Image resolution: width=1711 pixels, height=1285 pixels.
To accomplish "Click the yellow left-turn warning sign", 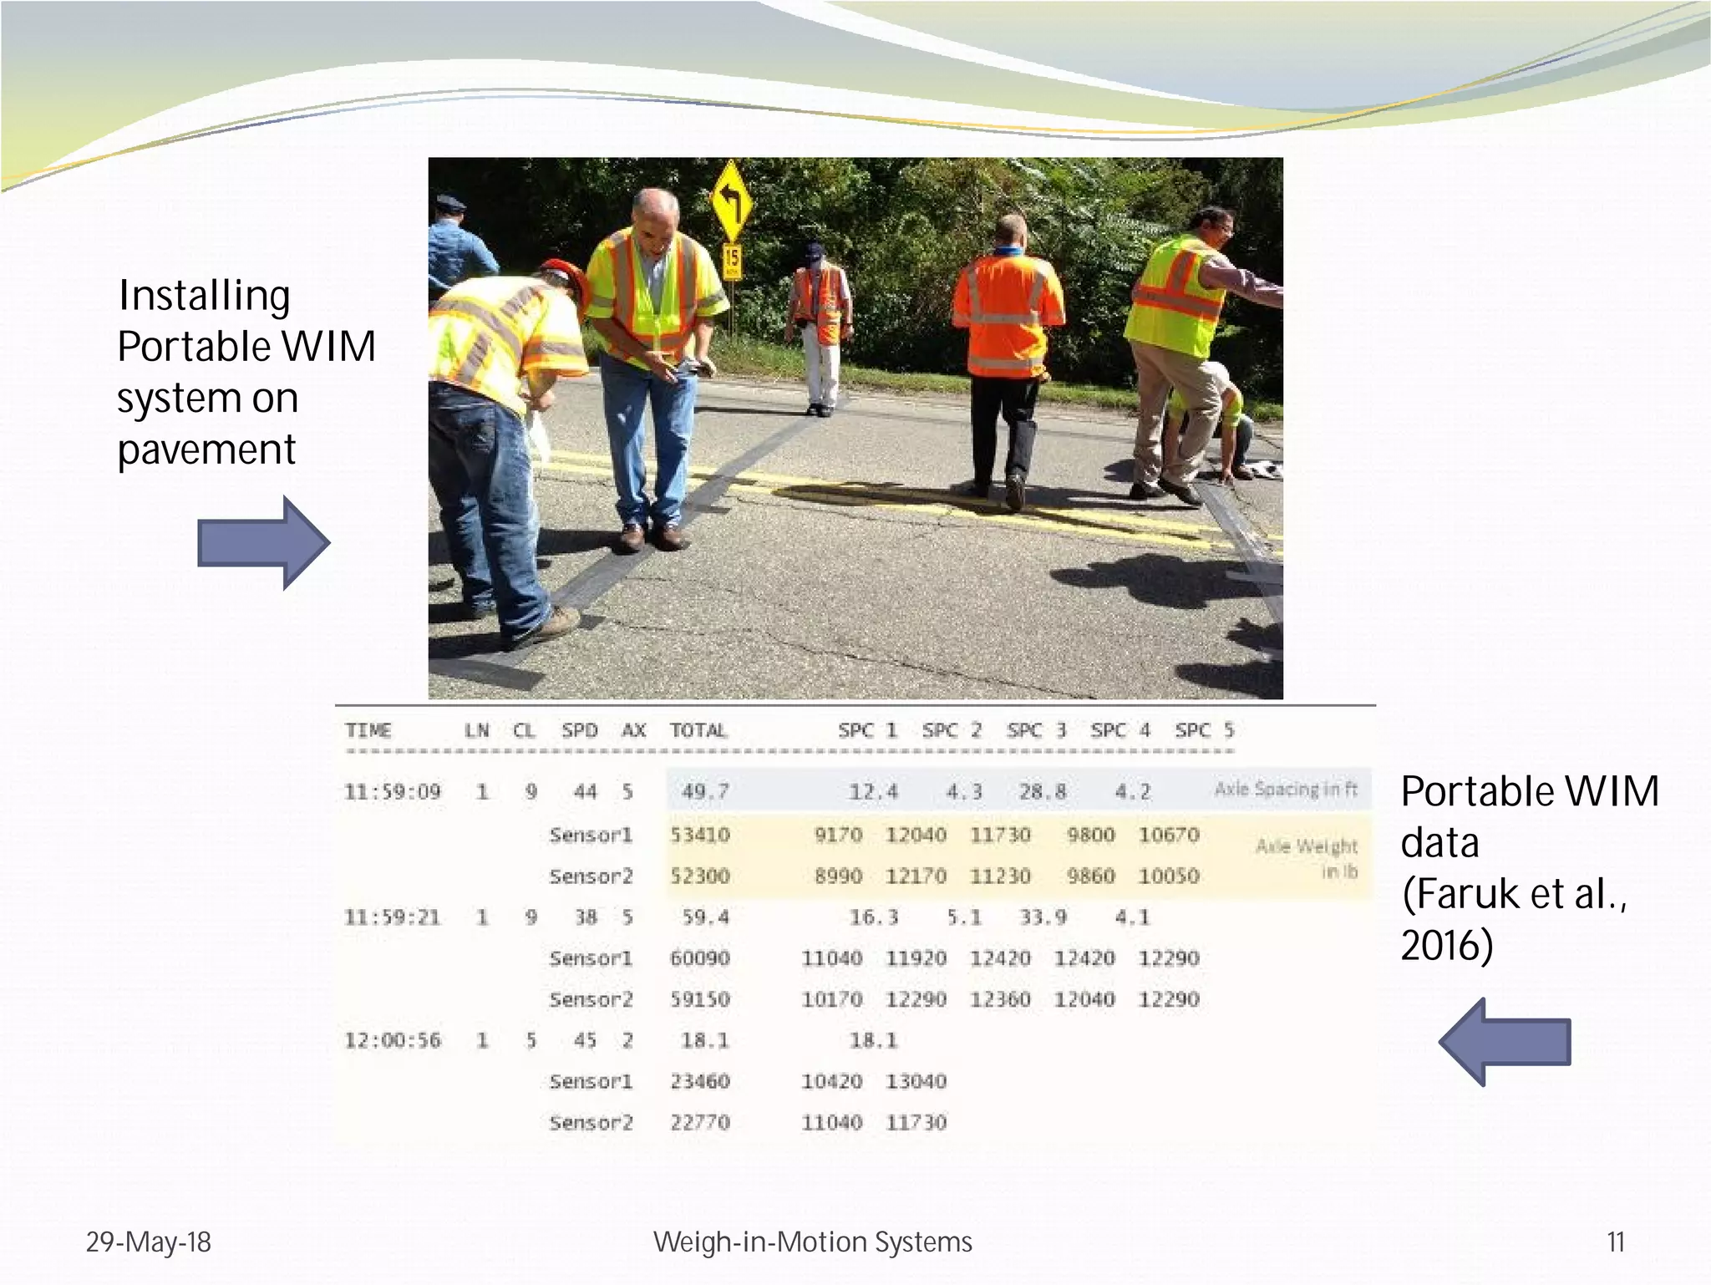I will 731,201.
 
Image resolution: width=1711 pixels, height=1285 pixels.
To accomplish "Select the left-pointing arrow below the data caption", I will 1505,1042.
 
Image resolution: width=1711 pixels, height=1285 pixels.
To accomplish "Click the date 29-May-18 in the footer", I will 149,1242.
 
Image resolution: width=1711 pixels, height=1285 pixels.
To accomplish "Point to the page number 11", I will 1616,1242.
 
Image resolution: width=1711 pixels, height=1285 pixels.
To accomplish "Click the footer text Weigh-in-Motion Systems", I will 812,1242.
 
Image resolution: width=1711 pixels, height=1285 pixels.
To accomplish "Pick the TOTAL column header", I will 698,731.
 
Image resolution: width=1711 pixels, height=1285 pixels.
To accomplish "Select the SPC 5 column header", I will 1204,731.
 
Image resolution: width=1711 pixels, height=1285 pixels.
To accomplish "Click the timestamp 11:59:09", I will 392,792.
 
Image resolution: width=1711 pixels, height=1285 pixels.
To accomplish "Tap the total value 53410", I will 700,835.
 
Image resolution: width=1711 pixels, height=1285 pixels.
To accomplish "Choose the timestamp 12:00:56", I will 393,1041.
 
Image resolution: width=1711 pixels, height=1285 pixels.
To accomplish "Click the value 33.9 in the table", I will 1043,917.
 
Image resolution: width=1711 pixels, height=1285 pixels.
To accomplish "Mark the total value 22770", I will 700,1123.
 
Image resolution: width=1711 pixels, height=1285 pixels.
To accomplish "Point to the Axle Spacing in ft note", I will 1286,790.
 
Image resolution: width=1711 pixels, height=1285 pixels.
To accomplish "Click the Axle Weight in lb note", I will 1307,858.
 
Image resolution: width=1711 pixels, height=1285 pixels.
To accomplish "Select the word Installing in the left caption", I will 205,296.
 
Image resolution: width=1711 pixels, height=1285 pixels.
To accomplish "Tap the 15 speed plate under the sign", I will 732,261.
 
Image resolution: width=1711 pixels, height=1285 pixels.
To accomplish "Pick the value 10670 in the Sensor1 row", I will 1169,835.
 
